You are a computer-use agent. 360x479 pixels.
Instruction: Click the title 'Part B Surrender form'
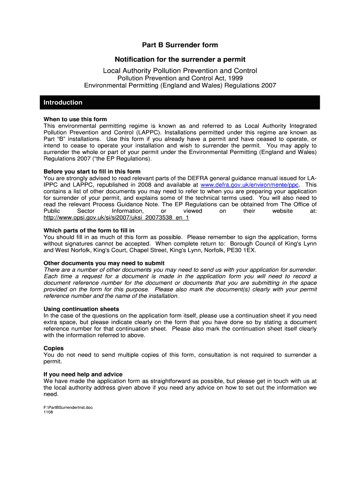[x=180, y=45]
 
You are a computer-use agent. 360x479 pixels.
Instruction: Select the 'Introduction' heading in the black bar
[x=63, y=102]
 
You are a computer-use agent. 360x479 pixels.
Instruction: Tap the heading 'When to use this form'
[x=75, y=119]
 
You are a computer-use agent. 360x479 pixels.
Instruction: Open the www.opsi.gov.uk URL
[x=116, y=218]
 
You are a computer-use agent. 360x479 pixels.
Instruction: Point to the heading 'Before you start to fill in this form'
[x=92, y=171]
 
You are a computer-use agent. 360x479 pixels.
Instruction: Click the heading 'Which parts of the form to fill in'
[x=89, y=230]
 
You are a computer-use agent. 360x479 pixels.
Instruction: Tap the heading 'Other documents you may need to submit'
[x=97, y=263]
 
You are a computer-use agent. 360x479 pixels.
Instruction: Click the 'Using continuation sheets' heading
[x=81, y=309]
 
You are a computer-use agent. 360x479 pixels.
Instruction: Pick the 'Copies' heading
[x=53, y=348]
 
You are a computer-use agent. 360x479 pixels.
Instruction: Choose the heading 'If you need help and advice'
[x=83, y=374]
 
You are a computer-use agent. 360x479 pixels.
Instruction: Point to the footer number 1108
[x=49, y=413]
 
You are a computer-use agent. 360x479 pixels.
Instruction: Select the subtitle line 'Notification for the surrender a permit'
[x=180, y=59]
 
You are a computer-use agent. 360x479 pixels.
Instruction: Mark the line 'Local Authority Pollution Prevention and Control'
[x=180, y=71]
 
